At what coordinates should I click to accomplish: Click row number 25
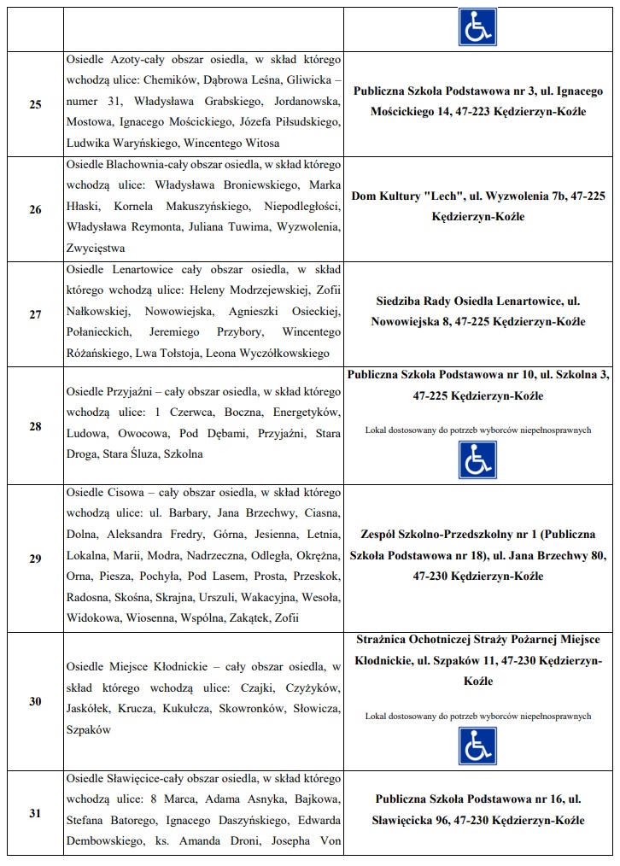(35, 104)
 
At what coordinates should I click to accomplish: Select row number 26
(35, 209)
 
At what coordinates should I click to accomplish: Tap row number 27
(35, 314)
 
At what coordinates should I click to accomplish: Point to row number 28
(35, 425)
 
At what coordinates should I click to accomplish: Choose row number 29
(35, 559)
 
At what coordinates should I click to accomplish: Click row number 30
(35, 701)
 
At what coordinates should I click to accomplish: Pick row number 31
(35, 813)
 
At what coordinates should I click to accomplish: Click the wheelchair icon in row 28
(477, 460)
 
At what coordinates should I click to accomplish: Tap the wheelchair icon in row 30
(477, 746)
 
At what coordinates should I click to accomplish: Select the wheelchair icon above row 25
(477, 26)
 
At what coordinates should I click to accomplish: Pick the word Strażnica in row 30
(382, 640)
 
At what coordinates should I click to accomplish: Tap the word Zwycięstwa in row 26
(96, 249)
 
